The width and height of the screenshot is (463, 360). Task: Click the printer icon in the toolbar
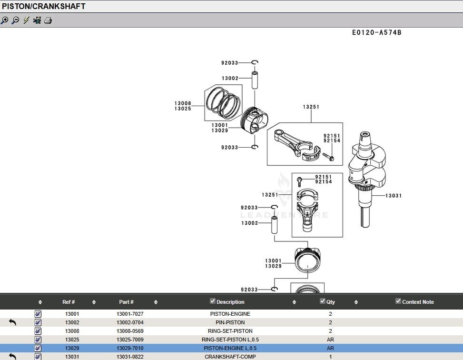tap(48, 20)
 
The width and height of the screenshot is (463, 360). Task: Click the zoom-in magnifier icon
tap(5, 20)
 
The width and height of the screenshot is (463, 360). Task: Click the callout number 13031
tap(393, 196)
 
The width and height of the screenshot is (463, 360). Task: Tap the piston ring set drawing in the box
tap(223, 102)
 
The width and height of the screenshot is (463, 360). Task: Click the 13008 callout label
tap(183, 103)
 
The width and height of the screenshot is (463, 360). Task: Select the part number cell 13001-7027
tap(130, 314)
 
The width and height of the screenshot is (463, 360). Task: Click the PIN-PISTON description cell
tap(230, 323)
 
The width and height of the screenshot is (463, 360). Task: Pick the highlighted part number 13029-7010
tap(130, 349)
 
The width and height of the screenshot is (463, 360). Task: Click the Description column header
tap(230, 302)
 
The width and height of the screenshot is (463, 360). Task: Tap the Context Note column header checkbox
tap(398, 301)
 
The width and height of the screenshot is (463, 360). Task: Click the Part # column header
tap(126, 302)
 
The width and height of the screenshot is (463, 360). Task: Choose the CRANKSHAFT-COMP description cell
tap(230, 357)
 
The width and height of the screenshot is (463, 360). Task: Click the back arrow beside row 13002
tap(13, 323)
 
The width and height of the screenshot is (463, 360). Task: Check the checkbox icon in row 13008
tap(38, 331)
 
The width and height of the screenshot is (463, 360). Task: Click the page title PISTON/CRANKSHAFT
tap(44, 6)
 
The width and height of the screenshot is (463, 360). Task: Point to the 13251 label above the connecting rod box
tap(311, 107)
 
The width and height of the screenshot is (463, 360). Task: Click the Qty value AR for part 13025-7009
tap(330, 340)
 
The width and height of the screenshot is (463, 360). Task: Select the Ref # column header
tap(69, 302)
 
